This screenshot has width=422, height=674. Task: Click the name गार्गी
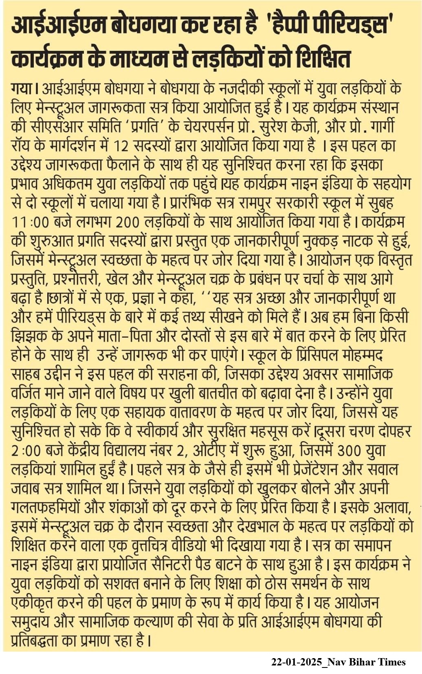coord(382,127)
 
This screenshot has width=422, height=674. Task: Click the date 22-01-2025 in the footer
coord(296,662)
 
